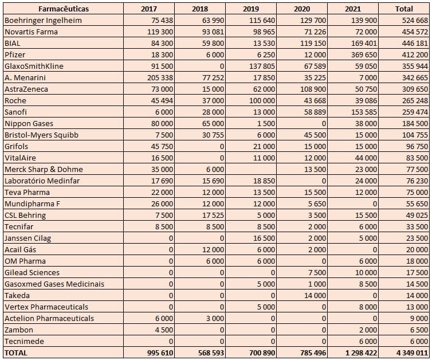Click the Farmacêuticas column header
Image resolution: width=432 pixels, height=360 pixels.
coord(63,9)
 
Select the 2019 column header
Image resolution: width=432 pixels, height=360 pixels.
coord(251,9)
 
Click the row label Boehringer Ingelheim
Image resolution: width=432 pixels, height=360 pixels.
coord(43,20)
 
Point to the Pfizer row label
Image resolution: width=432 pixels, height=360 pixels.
coord(15,54)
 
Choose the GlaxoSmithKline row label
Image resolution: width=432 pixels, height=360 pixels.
coord(34,66)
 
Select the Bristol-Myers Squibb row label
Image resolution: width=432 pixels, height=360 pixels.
coord(41,135)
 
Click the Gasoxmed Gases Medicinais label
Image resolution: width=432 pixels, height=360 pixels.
coord(54,284)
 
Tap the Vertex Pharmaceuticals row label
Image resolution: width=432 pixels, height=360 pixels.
coord(46,307)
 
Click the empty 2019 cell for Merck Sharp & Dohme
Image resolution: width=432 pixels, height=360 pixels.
coord(251,169)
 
